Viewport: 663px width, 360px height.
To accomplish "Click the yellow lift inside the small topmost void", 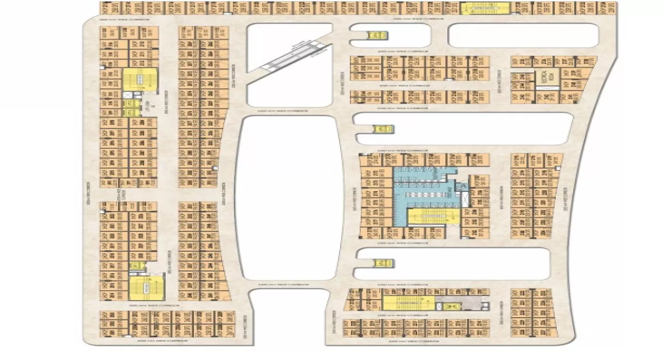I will tap(376, 36).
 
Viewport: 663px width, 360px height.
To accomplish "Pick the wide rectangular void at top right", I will tap(523, 36).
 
